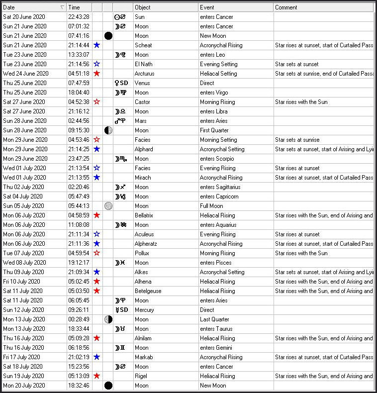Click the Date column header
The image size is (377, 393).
pyautogui.click(x=30, y=7)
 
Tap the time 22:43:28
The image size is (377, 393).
pyautogui.click(x=78, y=17)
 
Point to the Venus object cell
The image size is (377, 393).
pyautogui.click(x=142, y=83)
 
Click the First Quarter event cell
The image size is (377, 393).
pyautogui.click(x=215, y=130)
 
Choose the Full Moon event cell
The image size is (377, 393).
pyautogui.click(x=212, y=206)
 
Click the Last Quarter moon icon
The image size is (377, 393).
pyautogui.click(x=108, y=319)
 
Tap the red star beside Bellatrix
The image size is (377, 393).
pyautogui.click(x=97, y=215)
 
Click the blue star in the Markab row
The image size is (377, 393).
pyautogui.click(x=97, y=357)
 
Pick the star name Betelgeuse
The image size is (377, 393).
pyautogui.click(x=148, y=291)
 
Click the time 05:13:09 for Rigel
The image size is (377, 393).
pyautogui.click(x=78, y=376)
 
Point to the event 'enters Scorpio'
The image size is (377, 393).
pyautogui.click(x=217, y=159)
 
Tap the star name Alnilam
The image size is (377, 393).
pyautogui.click(x=144, y=338)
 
